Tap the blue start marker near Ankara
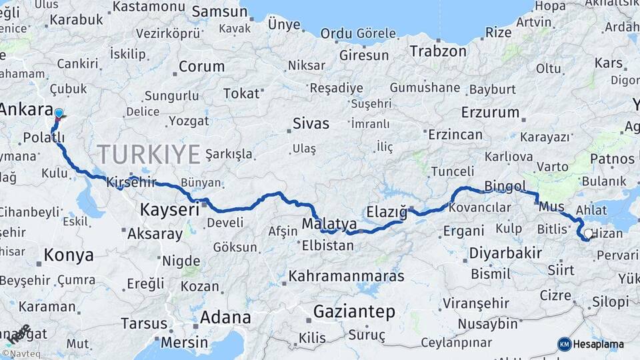59,114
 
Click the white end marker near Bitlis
587,234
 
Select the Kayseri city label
169,210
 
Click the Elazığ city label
387,213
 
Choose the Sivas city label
311,123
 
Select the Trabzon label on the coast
438,51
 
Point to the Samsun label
219,12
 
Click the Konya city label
69,255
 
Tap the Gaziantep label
354,311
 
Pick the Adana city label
225,317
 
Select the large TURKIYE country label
149,155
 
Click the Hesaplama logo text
598,344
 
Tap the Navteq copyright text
21,353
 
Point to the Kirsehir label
131,182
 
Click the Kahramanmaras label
347,275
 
